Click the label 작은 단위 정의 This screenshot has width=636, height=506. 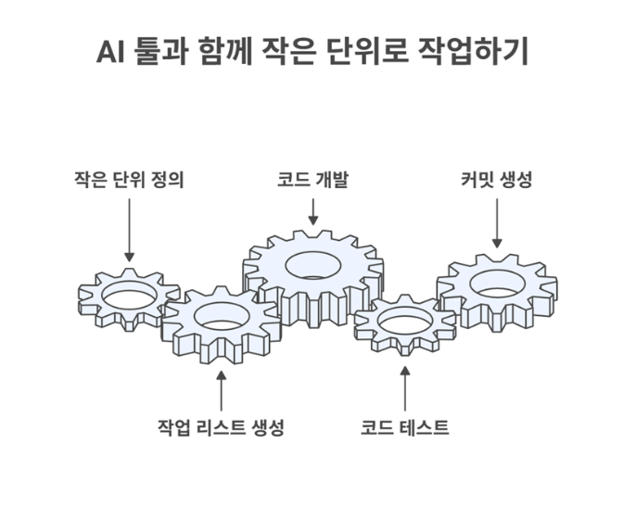pyautogui.click(x=129, y=179)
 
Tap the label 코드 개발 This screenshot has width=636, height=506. pyautogui.click(x=313, y=179)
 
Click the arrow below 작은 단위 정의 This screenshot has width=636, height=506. pyautogui.click(x=129, y=227)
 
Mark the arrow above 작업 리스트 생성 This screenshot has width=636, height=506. pyautogui.click(x=221, y=389)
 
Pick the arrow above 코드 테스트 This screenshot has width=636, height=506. pyautogui.click(x=405, y=389)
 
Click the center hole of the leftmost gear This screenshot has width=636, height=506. pyautogui.click(x=128, y=296)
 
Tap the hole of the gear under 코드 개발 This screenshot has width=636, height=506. pyautogui.click(x=312, y=264)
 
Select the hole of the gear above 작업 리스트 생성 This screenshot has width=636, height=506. pyautogui.click(x=220, y=319)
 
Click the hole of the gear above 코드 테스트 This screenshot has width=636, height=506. pyautogui.click(x=404, y=321)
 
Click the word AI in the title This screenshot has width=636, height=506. pyautogui.click(x=112, y=52)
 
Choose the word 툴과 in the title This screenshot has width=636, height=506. pyautogui.click(x=164, y=52)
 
